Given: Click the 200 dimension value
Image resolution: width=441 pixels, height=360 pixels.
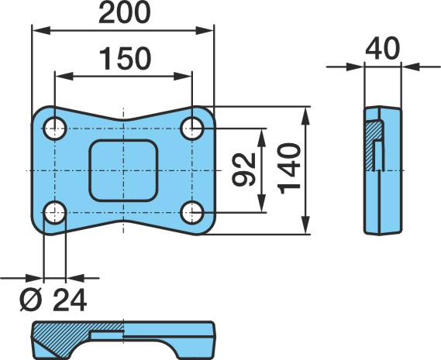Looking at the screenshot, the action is click(125, 13).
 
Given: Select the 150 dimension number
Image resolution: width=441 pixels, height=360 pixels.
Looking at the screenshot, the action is click(125, 59).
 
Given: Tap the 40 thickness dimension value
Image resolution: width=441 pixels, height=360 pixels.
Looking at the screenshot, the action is click(383, 49).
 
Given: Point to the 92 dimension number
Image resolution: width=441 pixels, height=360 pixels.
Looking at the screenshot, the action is click(244, 170).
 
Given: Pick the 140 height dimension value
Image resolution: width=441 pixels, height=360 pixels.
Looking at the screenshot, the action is click(289, 169).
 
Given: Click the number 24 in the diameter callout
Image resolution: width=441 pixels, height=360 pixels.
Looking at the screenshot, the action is click(70, 300).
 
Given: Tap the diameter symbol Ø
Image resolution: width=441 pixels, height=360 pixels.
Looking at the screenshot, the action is click(31, 300).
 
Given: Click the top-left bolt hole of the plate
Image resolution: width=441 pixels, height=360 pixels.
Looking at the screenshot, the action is click(55, 129).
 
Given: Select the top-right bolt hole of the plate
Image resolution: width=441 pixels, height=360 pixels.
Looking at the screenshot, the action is click(192, 129).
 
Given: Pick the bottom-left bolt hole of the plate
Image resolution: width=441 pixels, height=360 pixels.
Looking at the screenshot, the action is click(55, 212).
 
